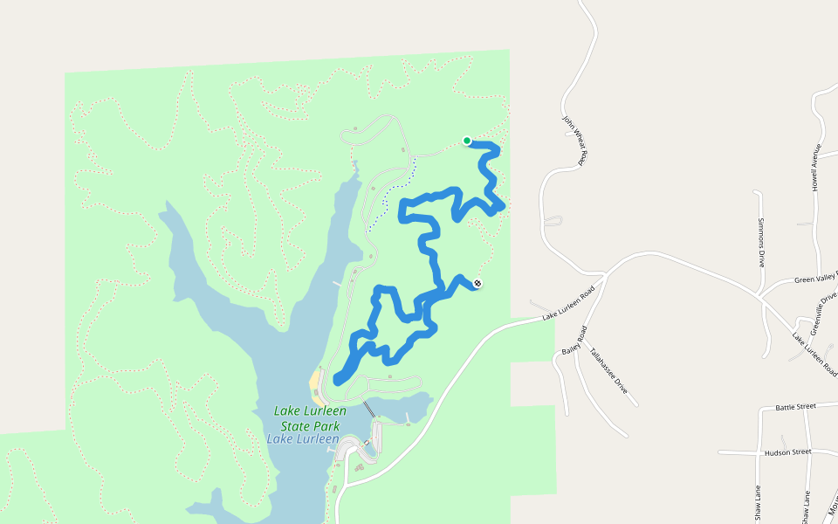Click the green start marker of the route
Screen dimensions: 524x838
click(x=467, y=141)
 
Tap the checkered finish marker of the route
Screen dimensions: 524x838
click(x=477, y=282)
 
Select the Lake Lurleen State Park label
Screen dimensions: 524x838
click(x=310, y=417)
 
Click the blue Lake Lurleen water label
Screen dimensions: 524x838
click(x=303, y=438)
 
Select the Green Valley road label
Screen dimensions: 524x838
click(x=815, y=279)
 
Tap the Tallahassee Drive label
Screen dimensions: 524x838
click(x=608, y=371)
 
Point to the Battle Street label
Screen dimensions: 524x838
click(x=794, y=407)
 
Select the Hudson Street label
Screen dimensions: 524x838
click(x=787, y=452)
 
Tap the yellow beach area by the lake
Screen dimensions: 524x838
click(x=314, y=381)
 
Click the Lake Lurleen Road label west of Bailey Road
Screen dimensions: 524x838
click(x=568, y=304)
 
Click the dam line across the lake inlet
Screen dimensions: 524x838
click(x=370, y=409)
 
